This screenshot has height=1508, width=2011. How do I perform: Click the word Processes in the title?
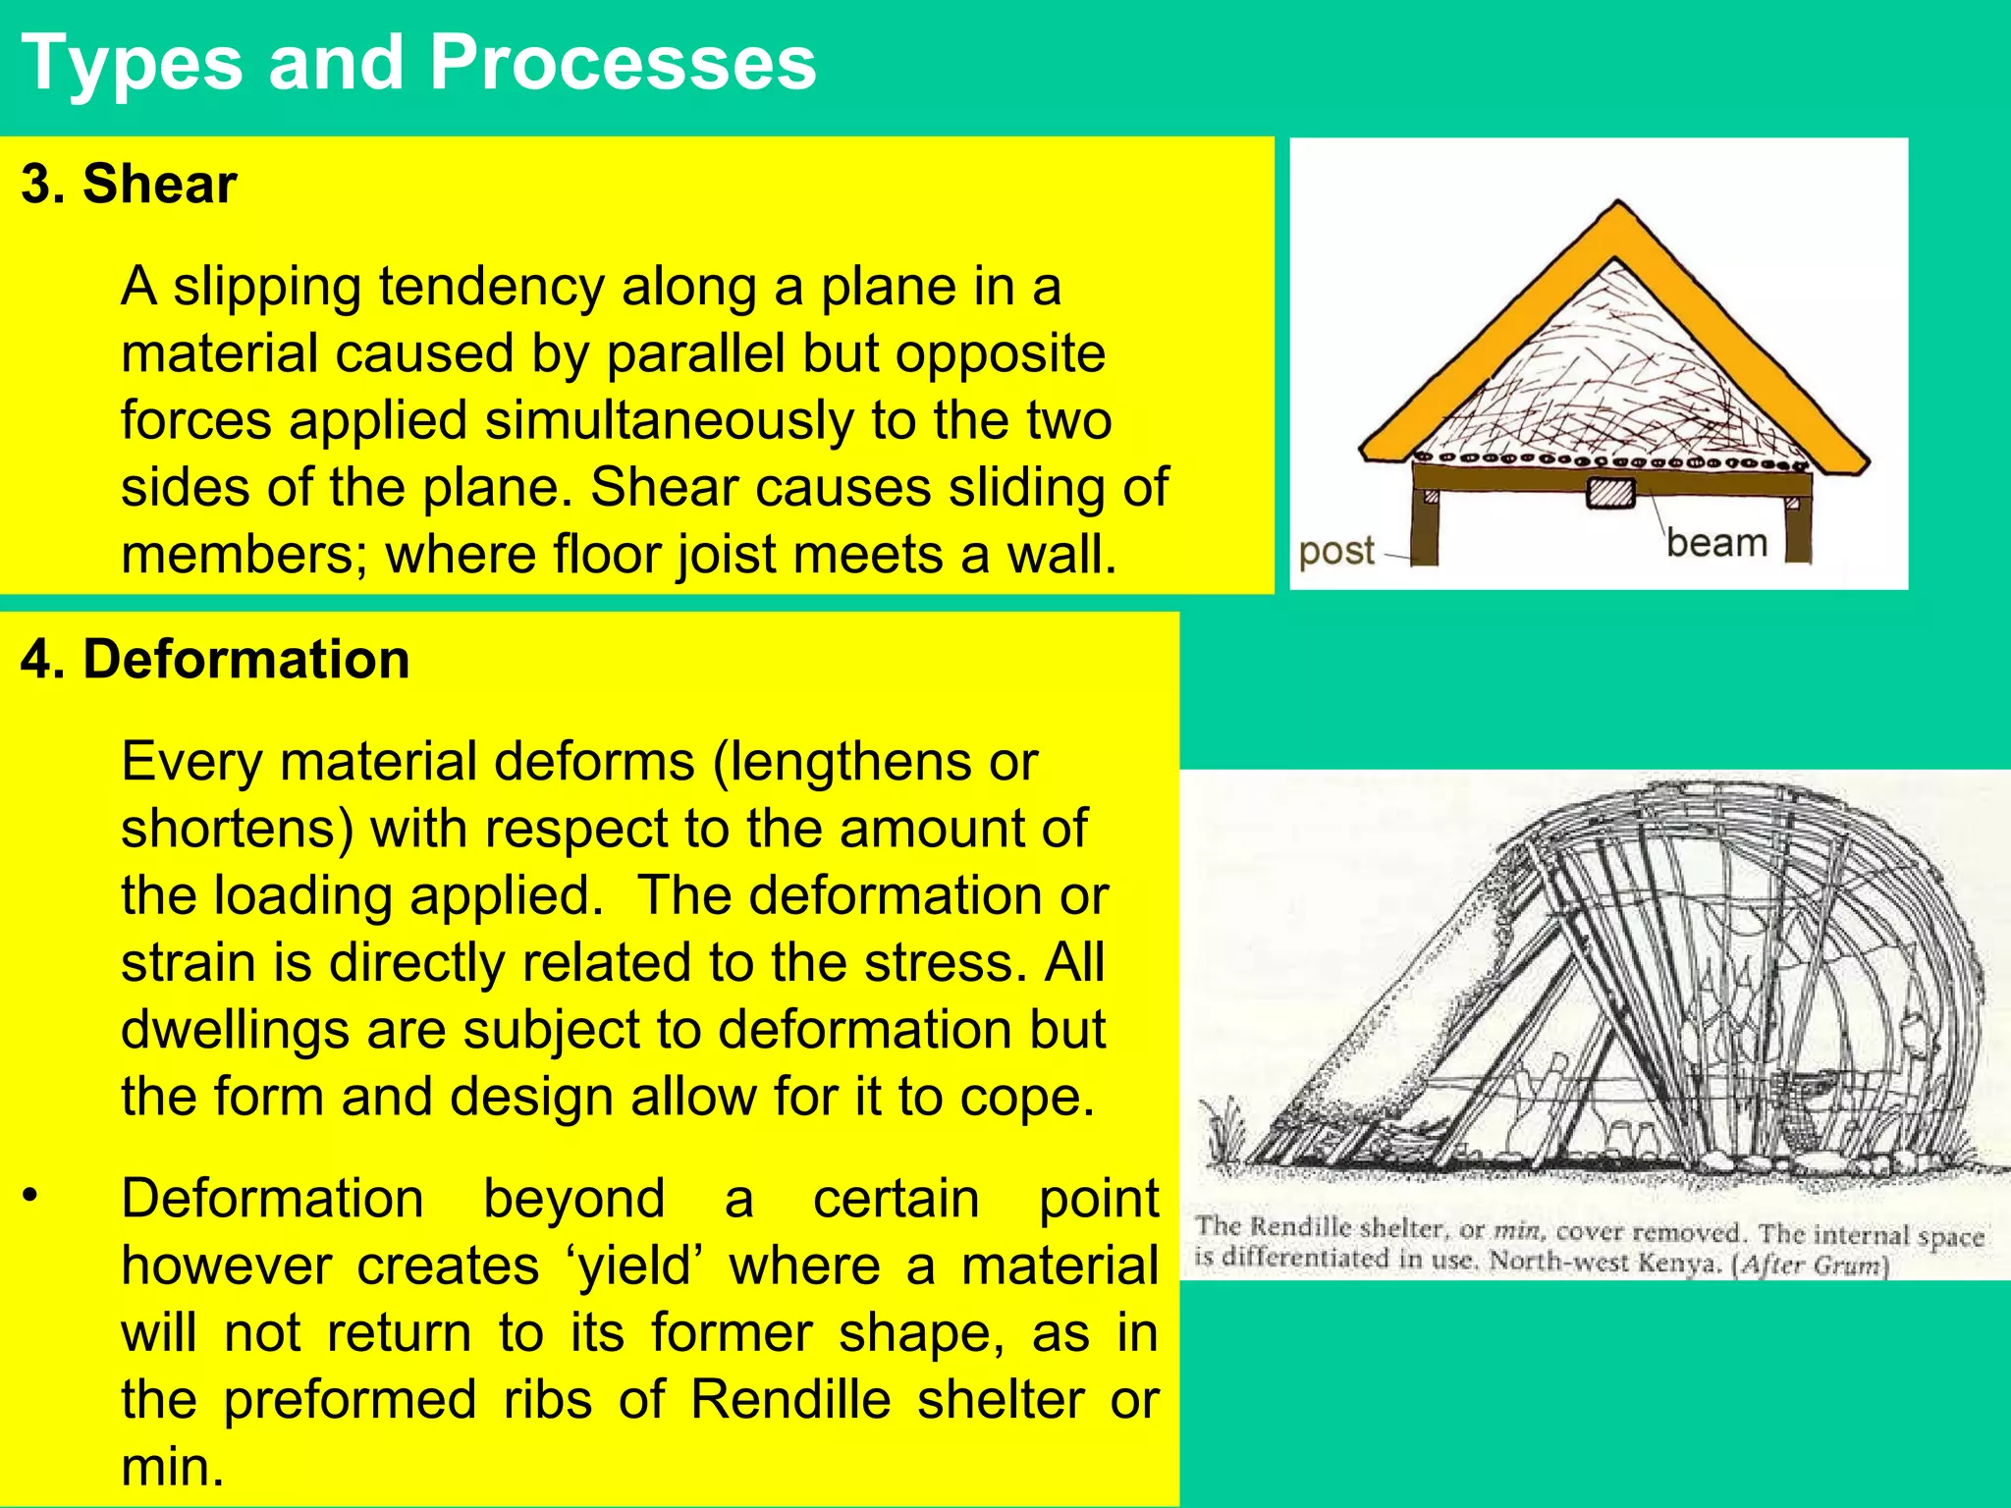pos(623,63)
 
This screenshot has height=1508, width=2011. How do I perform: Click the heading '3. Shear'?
pos(129,184)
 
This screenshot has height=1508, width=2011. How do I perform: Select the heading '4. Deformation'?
pos(215,659)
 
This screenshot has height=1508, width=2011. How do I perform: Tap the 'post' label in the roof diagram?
pos(1335,552)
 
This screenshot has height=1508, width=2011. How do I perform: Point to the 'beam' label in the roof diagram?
pos(1716,543)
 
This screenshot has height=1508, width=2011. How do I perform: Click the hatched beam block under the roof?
pos(1610,492)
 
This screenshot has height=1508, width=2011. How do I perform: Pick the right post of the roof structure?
pos(1797,525)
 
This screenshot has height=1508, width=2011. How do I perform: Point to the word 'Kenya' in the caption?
pos(1682,1262)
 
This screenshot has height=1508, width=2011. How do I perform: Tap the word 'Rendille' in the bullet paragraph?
pos(794,1400)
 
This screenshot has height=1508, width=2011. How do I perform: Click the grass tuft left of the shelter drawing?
pos(1223,1135)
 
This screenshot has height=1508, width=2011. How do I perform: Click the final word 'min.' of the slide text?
pos(173,1467)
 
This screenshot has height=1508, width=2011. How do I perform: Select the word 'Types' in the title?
pos(132,63)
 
